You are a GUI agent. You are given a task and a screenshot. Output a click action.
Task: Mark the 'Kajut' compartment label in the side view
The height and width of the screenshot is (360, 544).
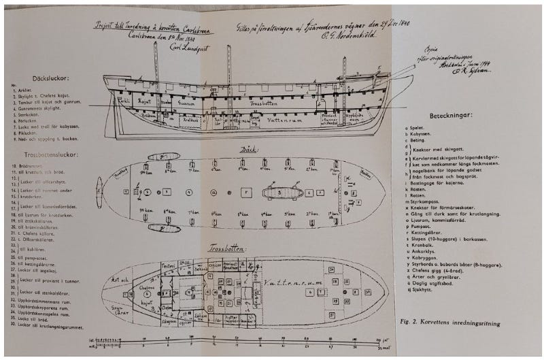click(147, 101)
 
